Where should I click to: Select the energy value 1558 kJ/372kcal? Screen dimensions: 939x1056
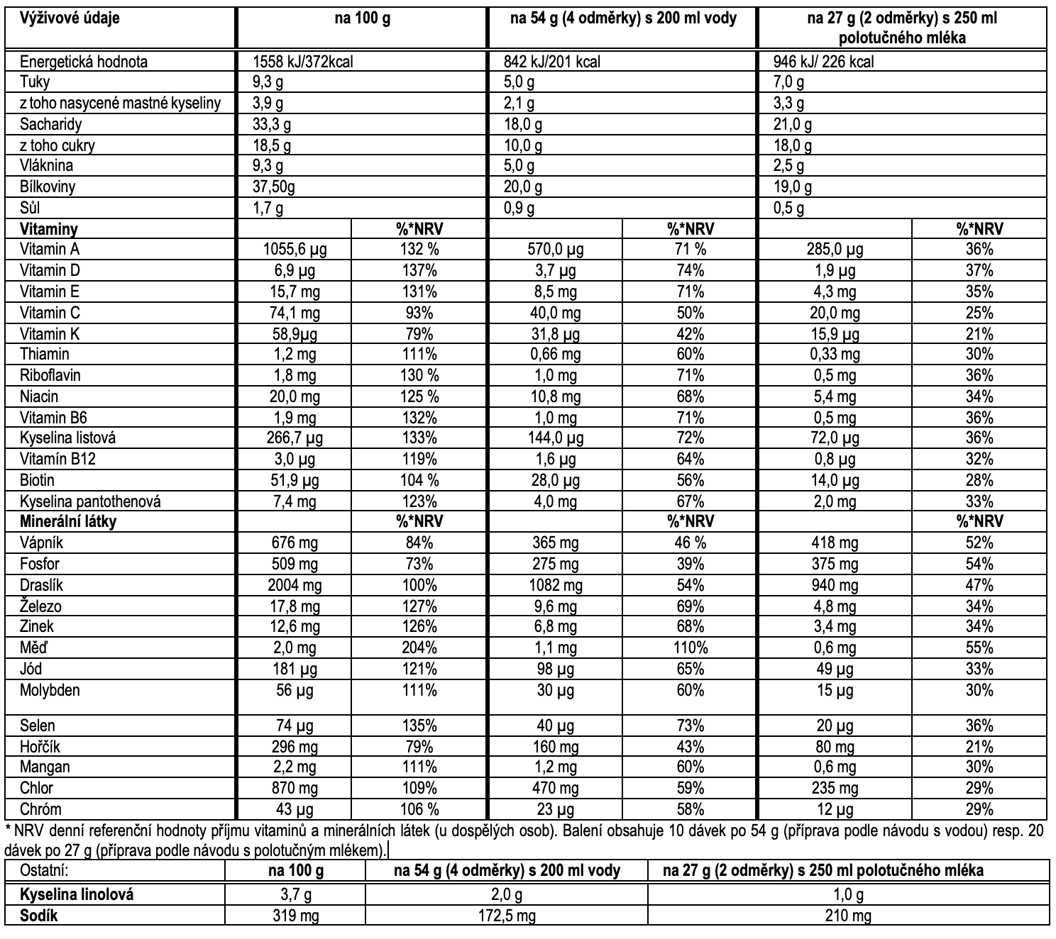coord(303,62)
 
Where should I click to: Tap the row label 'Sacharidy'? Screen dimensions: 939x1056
coord(51,125)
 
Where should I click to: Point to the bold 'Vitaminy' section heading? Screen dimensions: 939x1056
coord(49,229)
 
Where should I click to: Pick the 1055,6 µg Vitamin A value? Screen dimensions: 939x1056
coord(295,250)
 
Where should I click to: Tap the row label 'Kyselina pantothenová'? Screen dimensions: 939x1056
coord(90,501)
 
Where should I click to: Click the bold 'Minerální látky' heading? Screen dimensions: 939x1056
coord(68,522)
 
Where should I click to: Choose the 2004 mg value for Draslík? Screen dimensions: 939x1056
coord(295,585)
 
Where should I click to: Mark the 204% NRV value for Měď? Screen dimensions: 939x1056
coord(419,648)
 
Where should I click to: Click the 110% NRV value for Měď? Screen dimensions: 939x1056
coord(690,648)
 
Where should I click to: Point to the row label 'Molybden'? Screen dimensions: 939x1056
coord(50,690)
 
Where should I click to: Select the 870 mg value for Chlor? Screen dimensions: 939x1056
coord(295,788)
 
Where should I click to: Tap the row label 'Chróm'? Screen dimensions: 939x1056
coord(41,809)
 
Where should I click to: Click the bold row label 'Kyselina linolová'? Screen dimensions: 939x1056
coord(77,894)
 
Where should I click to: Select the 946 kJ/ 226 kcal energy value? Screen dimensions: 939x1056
coord(823,62)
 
